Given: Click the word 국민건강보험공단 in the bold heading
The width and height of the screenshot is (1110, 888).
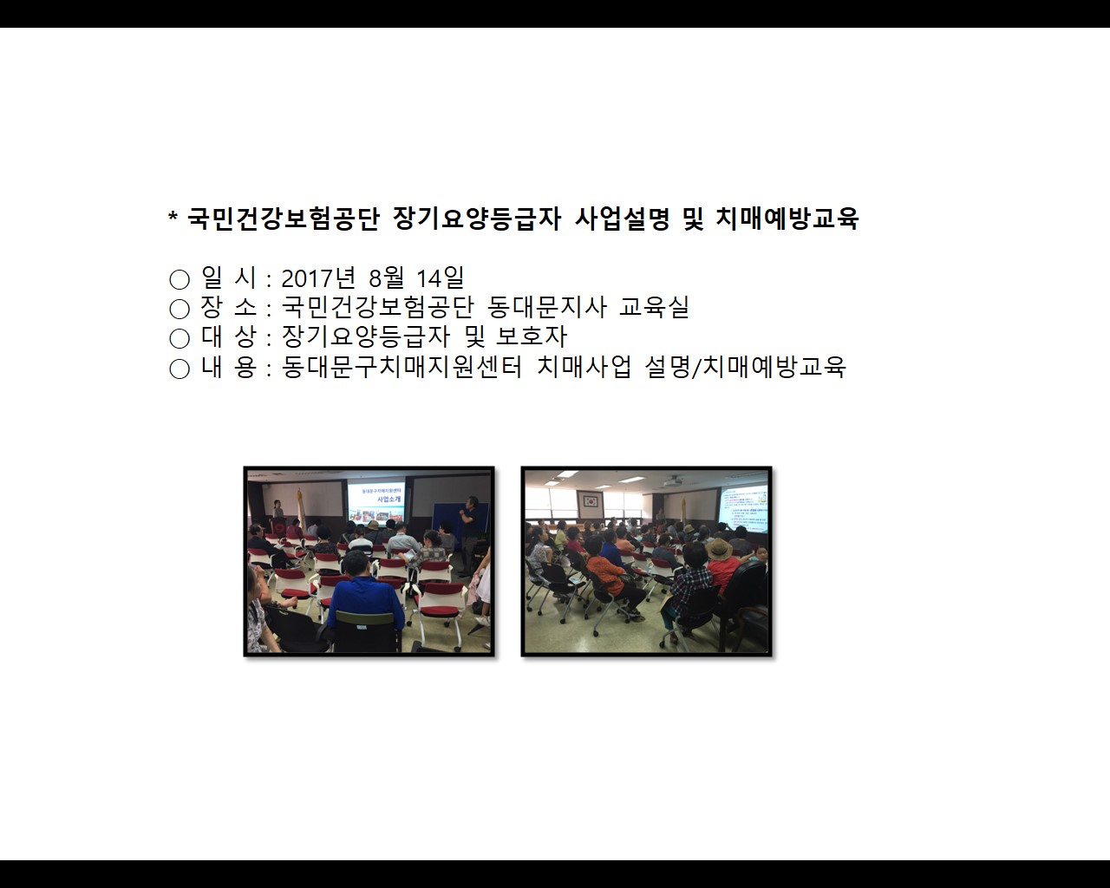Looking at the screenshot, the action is pos(284,219).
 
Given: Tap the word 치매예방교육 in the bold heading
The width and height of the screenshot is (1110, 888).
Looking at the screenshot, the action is pos(787,219).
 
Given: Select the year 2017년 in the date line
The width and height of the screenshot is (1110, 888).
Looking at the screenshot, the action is pos(318,278).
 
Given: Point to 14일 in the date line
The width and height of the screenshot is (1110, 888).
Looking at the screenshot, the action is pos(440,278).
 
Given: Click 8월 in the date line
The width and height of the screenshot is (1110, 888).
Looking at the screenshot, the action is pos(386,278).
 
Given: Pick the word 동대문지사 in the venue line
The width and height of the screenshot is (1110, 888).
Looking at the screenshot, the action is pos(546,308).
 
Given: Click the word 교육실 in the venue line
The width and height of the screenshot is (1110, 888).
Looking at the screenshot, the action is pos(654,308).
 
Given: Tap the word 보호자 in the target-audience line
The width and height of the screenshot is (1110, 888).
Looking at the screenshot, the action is pos(532,337).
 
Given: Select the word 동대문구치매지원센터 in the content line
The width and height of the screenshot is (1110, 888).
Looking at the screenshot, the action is pos(402,367).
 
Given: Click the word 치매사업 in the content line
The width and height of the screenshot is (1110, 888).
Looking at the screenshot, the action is pos(584,367).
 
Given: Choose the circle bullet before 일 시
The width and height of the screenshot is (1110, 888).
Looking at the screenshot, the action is pos(179,279).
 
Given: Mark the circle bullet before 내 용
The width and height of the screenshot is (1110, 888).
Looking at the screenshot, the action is pos(179,369).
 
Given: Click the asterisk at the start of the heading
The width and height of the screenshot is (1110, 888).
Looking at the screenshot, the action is pos(173,216).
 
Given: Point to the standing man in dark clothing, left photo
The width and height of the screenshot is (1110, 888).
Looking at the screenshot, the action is pos(469,536).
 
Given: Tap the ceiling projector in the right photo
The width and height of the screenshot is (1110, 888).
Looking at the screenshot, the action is pos(674,481).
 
